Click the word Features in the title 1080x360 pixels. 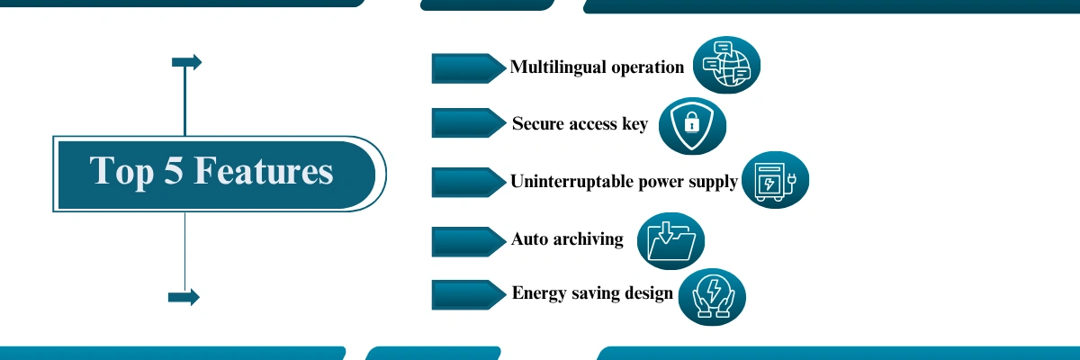pyautogui.click(x=263, y=171)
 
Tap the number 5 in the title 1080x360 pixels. pyautogui.click(x=174, y=171)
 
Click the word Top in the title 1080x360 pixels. pyautogui.click(x=121, y=173)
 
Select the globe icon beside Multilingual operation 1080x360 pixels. pyautogui.click(x=726, y=65)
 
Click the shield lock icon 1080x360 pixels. pyautogui.click(x=692, y=126)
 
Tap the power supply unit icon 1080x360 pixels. pyautogui.click(x=775, y=180)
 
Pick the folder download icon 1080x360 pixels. pyautogui.click(x=670, y=241)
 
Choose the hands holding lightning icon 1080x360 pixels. pyautogui.click(x=712, y=297)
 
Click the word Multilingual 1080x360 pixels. pyautogui.click(x=557, y=67)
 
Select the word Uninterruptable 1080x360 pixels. pyautogui.click(x=571, y=182)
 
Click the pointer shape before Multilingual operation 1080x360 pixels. pyautogui.click(x=469, y=68)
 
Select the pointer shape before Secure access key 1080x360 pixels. pyautogui.click(x=469, y=123)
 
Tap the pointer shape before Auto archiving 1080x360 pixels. pyautogui.click(x=469, y=241)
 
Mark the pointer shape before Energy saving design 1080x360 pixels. pyautogui.click(x=469, y=294)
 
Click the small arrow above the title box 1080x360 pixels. pyautogui.click(x=187, y=62)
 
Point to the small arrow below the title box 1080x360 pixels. pyautogui.click(x=184, y=297)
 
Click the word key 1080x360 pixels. pyautogui.click(x=635, y=124)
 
